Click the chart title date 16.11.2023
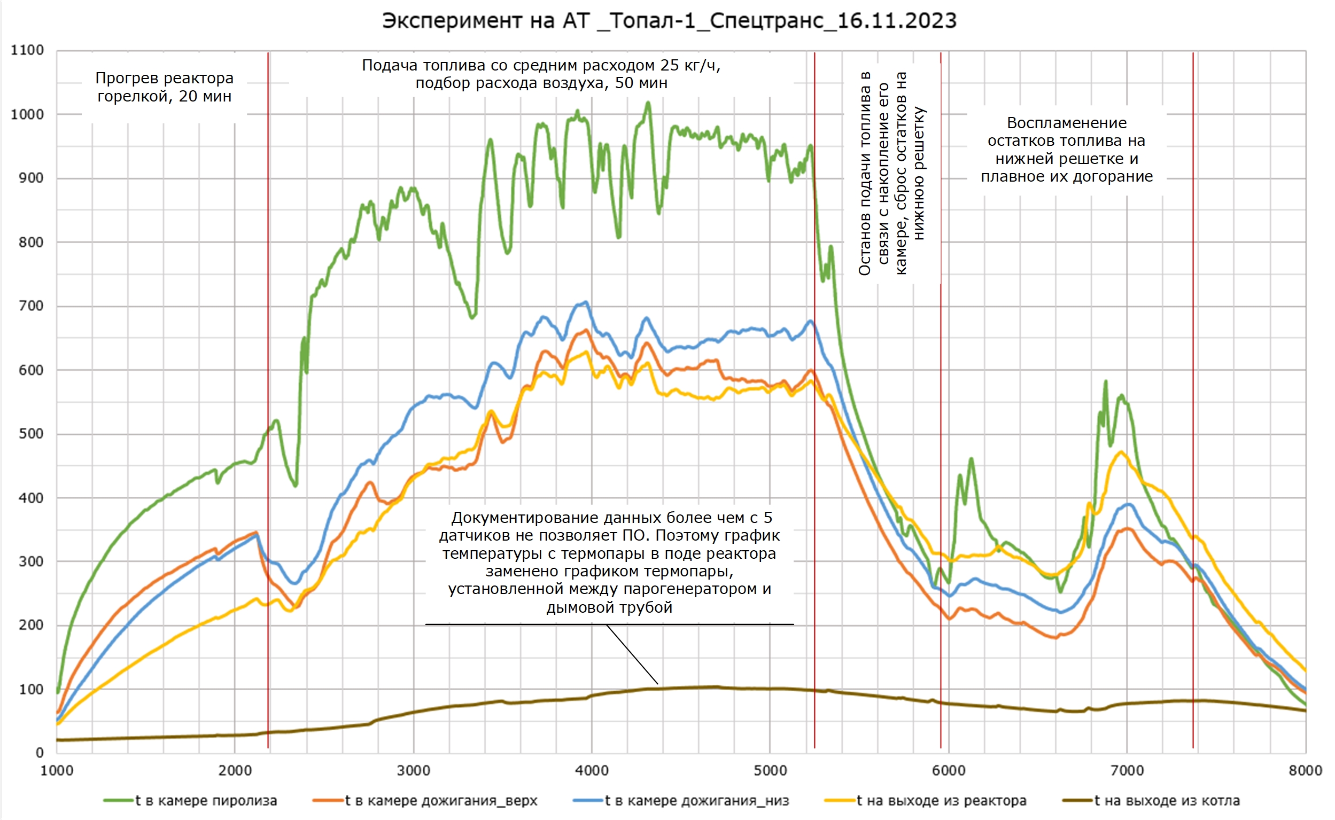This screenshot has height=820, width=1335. (897, 21)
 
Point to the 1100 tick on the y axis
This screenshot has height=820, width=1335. (27, 50)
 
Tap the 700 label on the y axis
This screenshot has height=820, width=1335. (31, 306)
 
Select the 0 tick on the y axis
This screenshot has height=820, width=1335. (40, 753)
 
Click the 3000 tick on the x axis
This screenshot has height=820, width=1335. (413, 771)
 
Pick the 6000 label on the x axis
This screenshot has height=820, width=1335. (948, 771)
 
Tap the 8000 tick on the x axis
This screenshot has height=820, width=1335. (1305, 771)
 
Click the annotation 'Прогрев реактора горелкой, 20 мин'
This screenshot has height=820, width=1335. (165, 87)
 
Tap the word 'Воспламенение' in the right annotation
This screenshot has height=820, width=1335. (1067, 123)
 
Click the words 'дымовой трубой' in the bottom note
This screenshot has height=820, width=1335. (609, 607)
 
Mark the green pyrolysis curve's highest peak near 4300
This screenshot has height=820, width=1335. (648, 103)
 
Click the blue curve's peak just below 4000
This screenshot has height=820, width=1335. (585, 302)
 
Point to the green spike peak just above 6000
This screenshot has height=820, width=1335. (971, 459)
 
